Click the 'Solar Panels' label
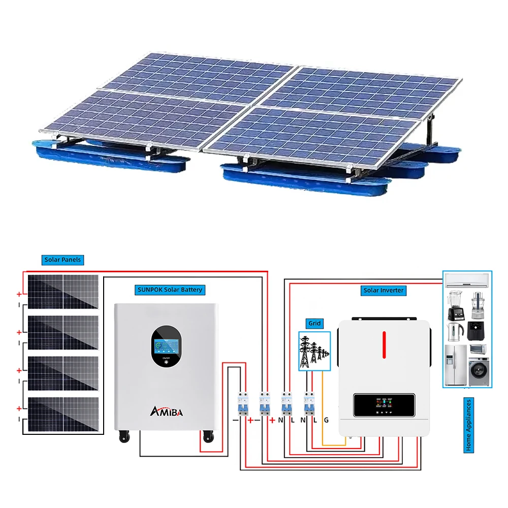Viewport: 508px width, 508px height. coord(62,260)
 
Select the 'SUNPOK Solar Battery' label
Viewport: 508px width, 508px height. coord(170,290)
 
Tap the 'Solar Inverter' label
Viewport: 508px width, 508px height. coord(384,290)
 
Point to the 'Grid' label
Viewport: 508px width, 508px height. coord(314,323)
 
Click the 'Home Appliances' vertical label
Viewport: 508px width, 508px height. coord(468,425)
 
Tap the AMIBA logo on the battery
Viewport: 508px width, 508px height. coord(166,410)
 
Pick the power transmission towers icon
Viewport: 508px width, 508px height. coord(313,351)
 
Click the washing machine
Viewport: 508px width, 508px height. coord(478,371)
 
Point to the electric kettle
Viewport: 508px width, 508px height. coord(454,332)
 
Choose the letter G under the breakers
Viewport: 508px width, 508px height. coord(326,420)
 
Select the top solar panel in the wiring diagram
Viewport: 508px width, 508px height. coord(63,292)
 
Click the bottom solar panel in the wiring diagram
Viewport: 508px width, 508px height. coord(63,415)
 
